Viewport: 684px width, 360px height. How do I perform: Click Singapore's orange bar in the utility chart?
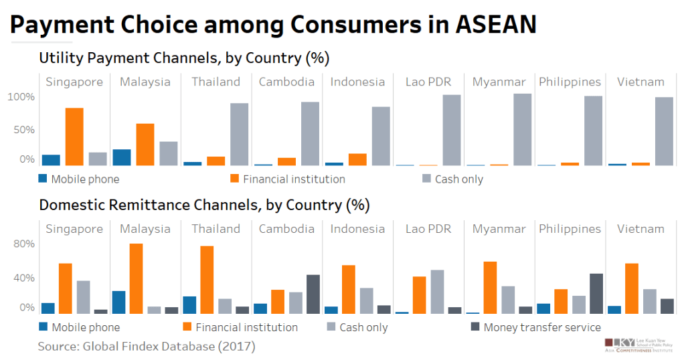tap(74, 137)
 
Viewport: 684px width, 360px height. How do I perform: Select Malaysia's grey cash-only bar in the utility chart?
tap(169, 153)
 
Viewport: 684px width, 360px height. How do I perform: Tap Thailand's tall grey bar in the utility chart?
tap(240, 134)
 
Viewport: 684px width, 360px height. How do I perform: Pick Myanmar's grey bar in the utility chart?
tap(523, 129)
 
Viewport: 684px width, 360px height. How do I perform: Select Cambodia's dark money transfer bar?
tap(313, 294)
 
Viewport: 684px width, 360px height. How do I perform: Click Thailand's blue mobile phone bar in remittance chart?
tap(189, 304)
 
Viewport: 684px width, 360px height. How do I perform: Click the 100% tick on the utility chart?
tap(21, 97)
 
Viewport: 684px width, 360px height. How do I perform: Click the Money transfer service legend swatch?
tap(475, 327)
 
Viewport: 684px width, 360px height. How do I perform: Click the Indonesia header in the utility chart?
tap(357, 82)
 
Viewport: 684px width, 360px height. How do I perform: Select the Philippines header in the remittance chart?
tap(570, 229)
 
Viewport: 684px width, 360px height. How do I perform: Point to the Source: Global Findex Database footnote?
tap(147, 347)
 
